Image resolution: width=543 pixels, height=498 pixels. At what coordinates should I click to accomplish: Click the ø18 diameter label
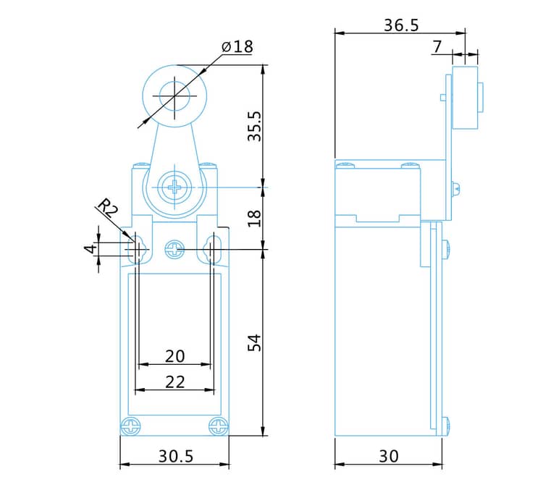[x=237, y=47]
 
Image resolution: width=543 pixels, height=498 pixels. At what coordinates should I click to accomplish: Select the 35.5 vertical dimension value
[x=255, y=127]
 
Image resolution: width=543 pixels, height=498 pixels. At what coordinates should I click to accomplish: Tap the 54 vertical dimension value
[x=255, y=343]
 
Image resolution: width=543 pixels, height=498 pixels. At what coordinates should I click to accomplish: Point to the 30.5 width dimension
[x=176, y=456]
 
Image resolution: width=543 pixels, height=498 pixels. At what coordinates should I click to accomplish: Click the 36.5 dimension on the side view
[x=401, y=25]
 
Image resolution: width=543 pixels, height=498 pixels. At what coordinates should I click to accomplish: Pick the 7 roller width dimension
[x=438, y=47]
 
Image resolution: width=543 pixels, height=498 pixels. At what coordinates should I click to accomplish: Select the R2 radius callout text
[x=108, y=208]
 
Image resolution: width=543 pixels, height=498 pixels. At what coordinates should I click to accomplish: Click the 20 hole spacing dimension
[x=175, y=356]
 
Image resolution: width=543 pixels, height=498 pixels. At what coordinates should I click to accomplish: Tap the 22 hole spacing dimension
[x=175, y=382]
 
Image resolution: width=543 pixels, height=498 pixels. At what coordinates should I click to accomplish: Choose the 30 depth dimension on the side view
[x=389, y=456]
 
